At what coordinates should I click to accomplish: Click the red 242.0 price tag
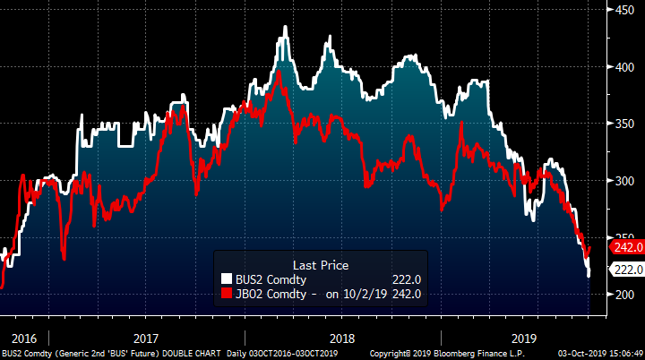pos(624,246)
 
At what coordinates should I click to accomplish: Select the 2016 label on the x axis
pos(24,339)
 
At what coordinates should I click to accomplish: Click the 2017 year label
pos(145,339)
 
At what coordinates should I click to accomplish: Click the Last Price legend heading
pos(321,265)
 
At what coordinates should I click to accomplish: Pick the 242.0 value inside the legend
pos(404,293)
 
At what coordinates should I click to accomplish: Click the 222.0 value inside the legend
pos(404,280)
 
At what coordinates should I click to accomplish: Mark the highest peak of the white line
pos(285,27)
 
